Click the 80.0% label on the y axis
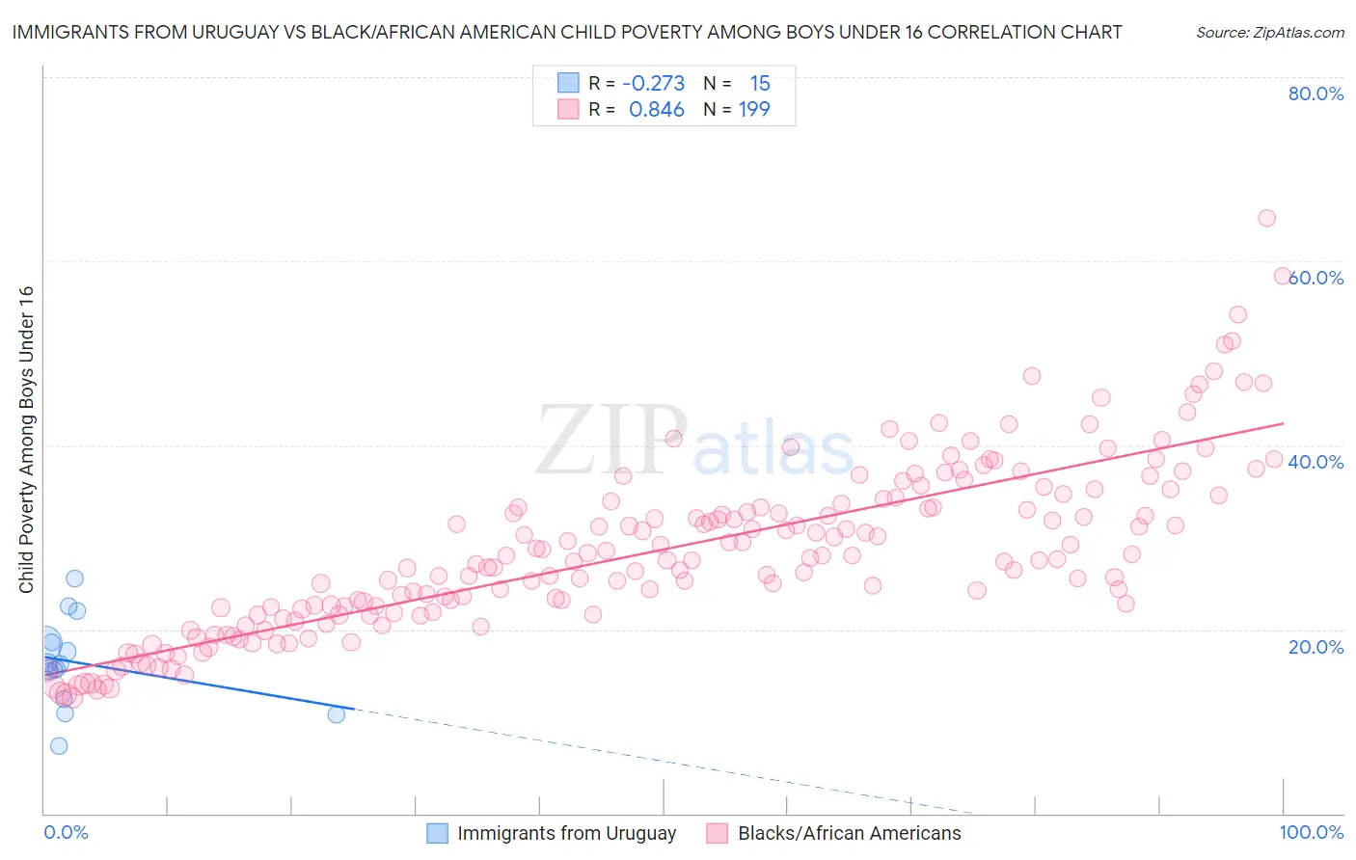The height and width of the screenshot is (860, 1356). click(x=1315, y=94)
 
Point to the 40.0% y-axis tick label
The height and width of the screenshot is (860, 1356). click(x=1315, y=462)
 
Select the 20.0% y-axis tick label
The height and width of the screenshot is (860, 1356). click(x=1315, y=646)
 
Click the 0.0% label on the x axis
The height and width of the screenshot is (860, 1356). click(x=66, y=832)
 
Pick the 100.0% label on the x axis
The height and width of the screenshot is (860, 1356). click(x=1311, y=832)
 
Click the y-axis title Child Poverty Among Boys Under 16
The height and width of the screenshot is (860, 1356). click(x=26, y=440)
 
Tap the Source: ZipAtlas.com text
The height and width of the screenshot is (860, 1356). click(x=1269, y=32)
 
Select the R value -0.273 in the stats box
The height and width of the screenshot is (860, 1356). click(x=653, y=84)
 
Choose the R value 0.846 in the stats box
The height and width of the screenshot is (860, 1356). click(x=657, y=110)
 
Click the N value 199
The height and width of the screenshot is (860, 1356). click(x=754, y=110)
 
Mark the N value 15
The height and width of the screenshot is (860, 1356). click(x=760, y=84)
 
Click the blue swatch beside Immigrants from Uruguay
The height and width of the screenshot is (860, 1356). click(x=437, y=833)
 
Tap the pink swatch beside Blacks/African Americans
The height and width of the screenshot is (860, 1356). click(x=717, y=833)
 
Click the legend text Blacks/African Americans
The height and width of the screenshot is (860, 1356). click(x=849, y=833)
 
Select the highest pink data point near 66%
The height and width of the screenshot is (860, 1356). click(x=1266, y=218)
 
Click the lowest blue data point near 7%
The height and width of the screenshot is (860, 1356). click(x=59, y=746)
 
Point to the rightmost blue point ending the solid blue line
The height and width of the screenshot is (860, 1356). click(x=337, y=714)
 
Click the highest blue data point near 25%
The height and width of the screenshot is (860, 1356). click(x=74, y=578)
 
